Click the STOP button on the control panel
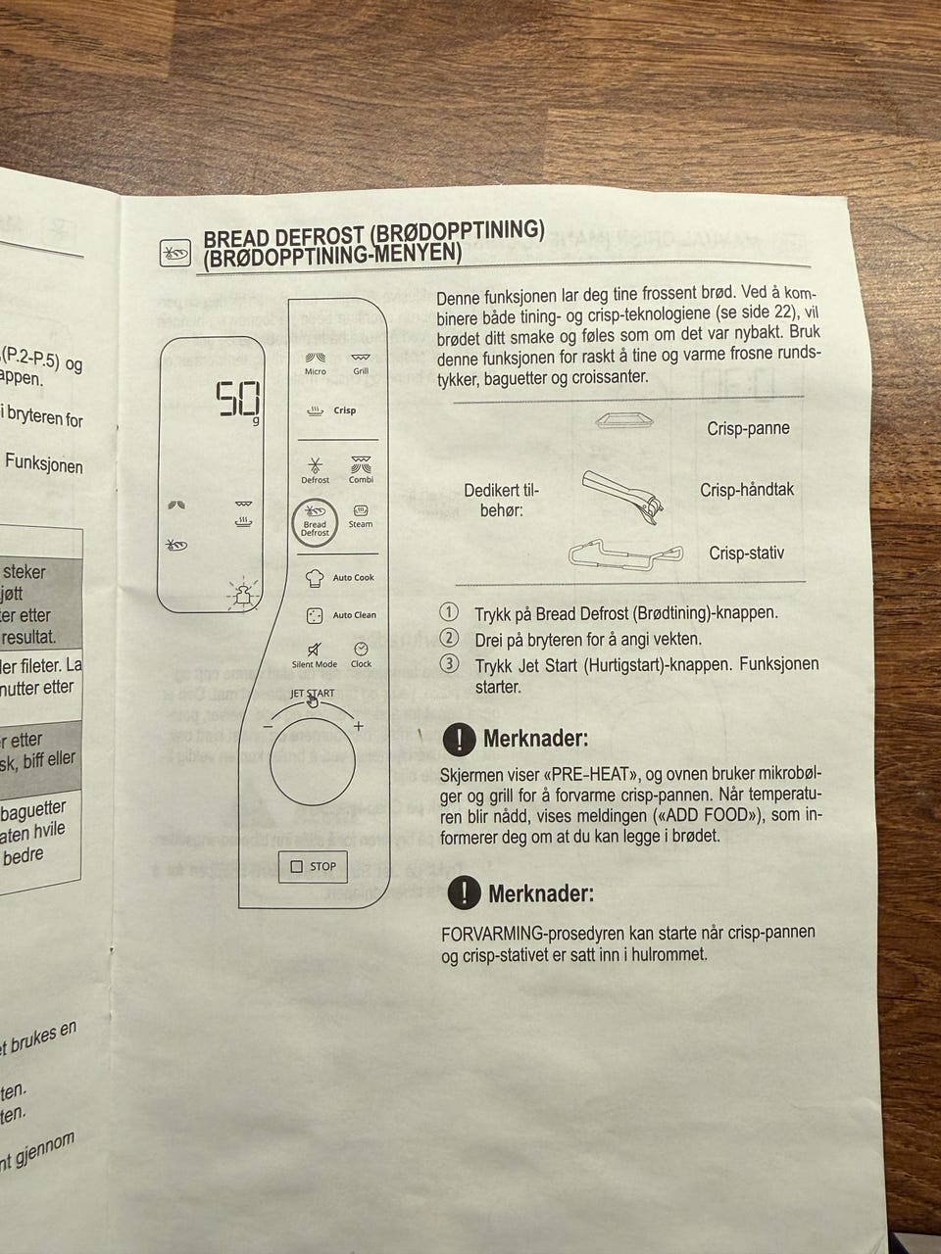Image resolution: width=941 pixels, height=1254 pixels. [314, 866]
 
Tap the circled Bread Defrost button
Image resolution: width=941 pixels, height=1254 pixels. [315, 520]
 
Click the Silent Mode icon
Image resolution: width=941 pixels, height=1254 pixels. [314, 651]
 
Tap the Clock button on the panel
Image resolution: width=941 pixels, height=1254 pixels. [361, 651]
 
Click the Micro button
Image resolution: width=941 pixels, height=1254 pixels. [316, 362]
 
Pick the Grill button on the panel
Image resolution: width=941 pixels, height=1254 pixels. [361, 362]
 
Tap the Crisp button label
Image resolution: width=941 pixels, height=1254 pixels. [343, 410]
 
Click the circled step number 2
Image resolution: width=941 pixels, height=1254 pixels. [449, 638]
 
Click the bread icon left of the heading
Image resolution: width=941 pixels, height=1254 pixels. [175, 254]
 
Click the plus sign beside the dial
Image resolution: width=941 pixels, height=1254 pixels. [359, 726]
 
